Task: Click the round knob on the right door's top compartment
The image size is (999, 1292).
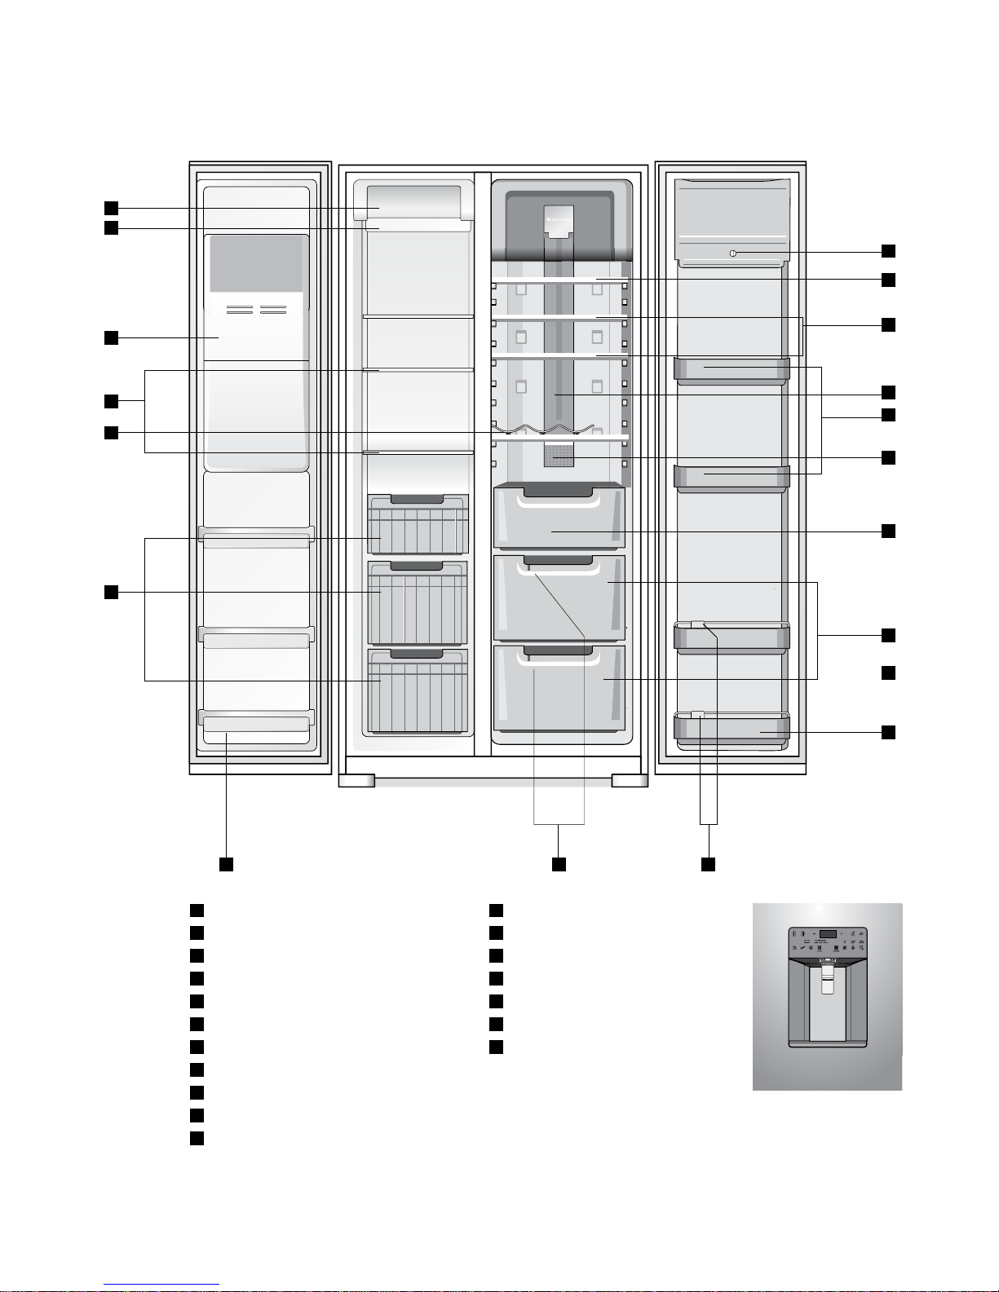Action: coord(732,254)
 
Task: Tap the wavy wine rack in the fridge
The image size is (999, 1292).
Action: coord(542,430)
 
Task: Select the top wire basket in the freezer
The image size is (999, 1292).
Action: coord(418,525)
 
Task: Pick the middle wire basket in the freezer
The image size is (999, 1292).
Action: coord(418,603)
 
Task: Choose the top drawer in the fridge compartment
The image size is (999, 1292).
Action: coord(559,518)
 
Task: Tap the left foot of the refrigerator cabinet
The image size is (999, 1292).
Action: coord(356,781)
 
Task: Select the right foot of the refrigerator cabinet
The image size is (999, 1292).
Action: coord(630,781)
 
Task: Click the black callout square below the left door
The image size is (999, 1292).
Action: coord(227,864)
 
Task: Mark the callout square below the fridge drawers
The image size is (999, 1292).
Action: coord(559,864)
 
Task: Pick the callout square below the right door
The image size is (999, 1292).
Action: coord(709,864)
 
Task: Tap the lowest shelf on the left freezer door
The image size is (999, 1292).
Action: coord(255,721)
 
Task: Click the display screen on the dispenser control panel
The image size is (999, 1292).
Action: coord(828,935)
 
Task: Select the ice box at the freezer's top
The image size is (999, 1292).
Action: coord(413,201)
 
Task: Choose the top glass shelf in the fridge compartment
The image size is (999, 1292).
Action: coord(559,280)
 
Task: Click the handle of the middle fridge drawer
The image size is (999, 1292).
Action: coord(559,560)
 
